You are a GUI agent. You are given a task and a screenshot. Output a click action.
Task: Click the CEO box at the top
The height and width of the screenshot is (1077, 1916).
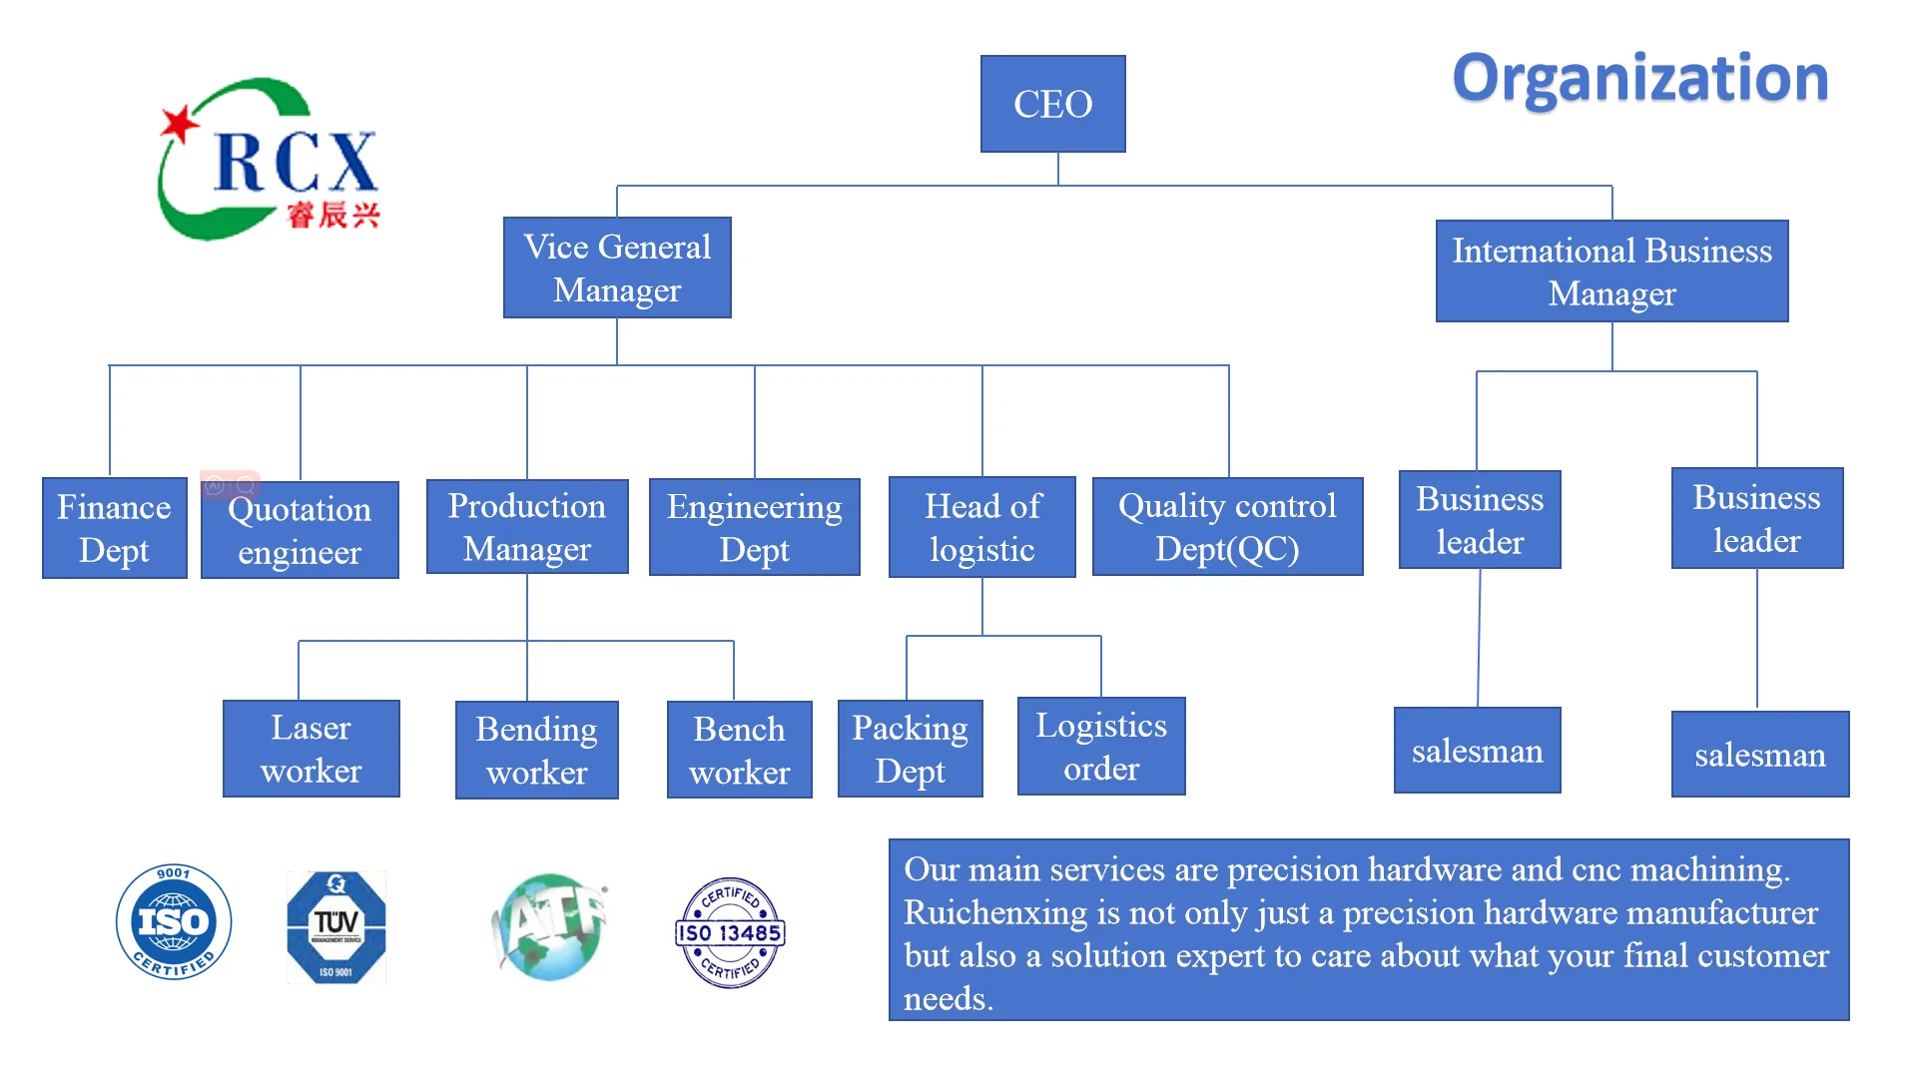[1052, 104]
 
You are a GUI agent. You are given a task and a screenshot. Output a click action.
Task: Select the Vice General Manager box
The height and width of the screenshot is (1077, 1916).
[617, 268]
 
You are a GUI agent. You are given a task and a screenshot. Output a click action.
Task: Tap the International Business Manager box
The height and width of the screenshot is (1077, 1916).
[1611, 271]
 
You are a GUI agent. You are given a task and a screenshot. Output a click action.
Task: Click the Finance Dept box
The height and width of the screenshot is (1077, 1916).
[114, 528]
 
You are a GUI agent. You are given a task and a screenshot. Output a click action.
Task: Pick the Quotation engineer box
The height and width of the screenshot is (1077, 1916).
[300, 530]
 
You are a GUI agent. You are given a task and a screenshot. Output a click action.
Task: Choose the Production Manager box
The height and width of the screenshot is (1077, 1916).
[527, 527]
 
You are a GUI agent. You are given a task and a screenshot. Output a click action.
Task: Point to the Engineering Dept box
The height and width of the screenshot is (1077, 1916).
[754, 527]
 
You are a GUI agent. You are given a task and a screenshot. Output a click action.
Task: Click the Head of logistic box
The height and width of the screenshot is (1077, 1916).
[982, 527]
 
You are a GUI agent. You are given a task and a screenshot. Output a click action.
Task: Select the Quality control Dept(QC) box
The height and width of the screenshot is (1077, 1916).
[1227, 527]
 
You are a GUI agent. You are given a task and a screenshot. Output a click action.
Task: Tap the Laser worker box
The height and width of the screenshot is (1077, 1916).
[311, 749]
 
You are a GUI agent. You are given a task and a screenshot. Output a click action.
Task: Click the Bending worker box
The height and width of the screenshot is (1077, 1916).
[536, 750]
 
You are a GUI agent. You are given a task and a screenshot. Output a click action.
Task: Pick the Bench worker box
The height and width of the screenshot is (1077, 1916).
[739, 750]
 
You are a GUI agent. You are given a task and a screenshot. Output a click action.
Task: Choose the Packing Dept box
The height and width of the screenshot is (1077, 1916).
[910, 749]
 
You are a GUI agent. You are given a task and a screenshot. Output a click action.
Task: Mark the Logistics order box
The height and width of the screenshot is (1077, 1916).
[1101, 747]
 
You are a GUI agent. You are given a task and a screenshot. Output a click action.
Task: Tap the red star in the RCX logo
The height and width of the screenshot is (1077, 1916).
[181, 125]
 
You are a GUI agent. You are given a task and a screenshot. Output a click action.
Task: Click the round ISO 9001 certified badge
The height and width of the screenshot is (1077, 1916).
[174, 921]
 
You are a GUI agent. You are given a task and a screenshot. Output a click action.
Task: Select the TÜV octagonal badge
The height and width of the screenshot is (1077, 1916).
[336, 927]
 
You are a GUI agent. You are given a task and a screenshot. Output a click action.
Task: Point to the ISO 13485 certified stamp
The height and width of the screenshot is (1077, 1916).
[730, 932]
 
